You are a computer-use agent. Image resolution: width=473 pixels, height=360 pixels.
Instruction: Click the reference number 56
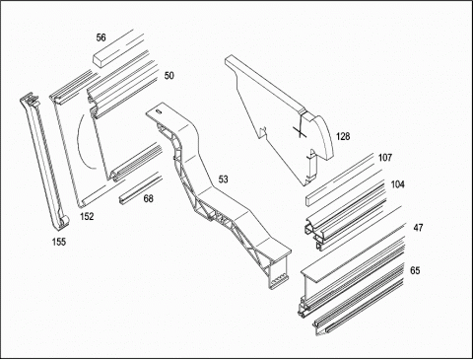(101, 37)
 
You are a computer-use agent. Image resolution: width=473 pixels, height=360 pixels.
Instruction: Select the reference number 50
(169, 76)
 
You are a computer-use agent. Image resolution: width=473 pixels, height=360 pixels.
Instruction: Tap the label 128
(343, 136)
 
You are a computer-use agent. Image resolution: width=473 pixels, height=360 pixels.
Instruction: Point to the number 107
(385, 158)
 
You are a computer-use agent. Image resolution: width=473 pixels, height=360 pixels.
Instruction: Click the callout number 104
(397, 184)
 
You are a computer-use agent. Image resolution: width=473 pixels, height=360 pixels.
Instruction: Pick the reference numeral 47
(418, 228)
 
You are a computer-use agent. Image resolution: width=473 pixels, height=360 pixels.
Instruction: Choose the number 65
(415, 270)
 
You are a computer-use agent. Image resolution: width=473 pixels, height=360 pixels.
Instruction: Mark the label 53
(223, 180)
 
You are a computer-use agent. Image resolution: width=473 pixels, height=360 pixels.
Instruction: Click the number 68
(149, 198)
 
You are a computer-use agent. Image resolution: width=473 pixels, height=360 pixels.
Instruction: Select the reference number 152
(87, 216)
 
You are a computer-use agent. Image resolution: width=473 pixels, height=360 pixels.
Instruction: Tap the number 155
(59, 242)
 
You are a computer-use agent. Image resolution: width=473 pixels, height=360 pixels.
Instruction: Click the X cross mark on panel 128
(300, 131)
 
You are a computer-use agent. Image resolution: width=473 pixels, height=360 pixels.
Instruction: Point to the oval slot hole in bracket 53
(159, 111)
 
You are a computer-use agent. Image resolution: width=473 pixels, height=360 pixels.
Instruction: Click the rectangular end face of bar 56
(97, 60)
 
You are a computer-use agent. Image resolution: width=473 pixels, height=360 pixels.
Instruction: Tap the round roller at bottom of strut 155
(65, 221)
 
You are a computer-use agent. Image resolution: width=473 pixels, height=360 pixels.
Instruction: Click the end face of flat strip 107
(307, 201)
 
